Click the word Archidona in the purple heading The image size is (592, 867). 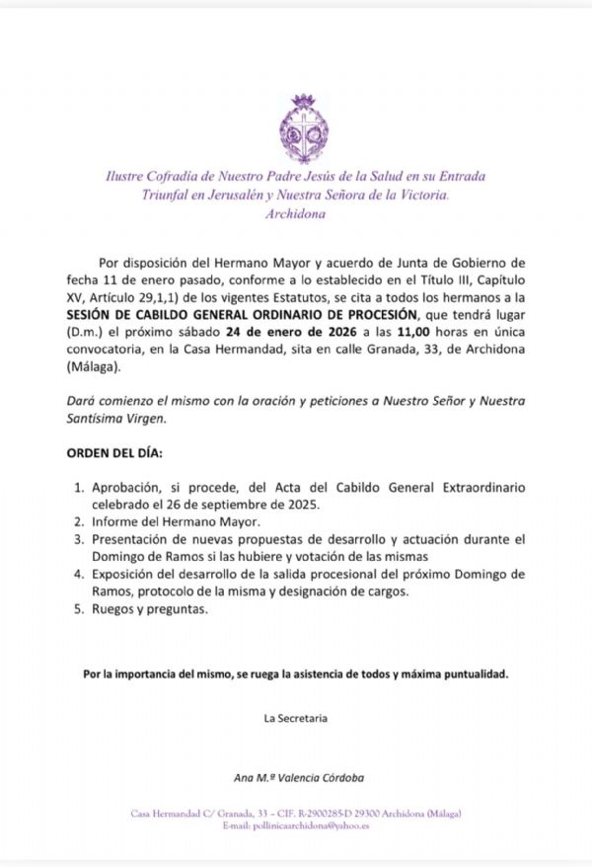[295, 213]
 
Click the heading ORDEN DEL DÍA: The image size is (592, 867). [107, 453]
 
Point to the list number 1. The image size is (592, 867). [80, 488]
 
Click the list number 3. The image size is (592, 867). [80, 539]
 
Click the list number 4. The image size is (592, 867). [80, 574]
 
